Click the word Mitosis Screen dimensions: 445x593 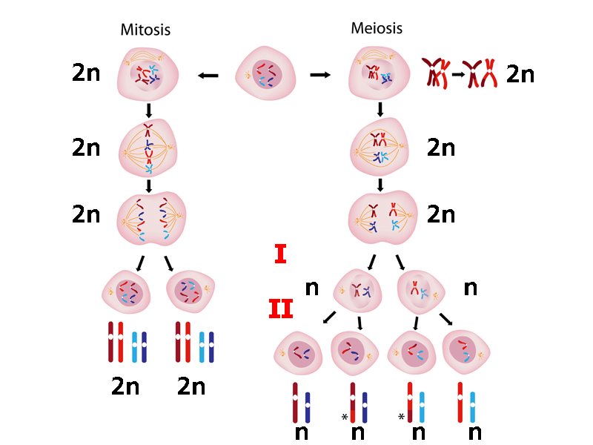(145, 30)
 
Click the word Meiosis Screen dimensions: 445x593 (377, 28)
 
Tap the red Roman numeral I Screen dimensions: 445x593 (280, 255)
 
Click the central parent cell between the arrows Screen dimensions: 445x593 (265, 75)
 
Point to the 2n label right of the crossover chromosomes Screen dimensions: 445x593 (520, 75)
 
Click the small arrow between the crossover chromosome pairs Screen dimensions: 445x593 (460, 74)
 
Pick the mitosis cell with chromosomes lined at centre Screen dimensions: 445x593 (149, 148)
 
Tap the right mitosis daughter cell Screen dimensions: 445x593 (188, 290)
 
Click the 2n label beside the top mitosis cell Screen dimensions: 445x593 (86, 74)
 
